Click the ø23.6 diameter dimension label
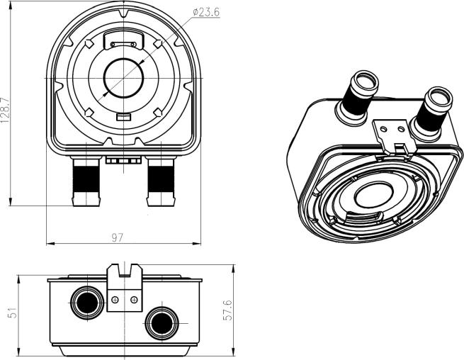[x=205, y=11]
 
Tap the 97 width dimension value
[x=118, y=237]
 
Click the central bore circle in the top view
[x=124, y=76]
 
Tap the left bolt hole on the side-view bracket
[x=115, y=300]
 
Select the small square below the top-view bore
[x=123, y=116]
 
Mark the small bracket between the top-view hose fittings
[x=124, y=160]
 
